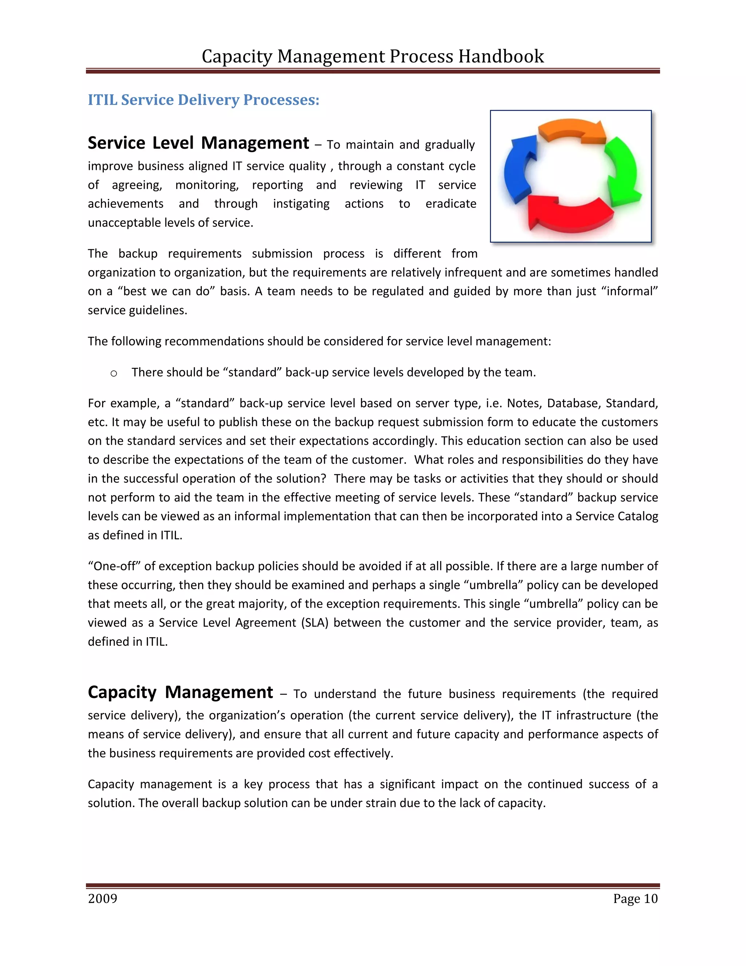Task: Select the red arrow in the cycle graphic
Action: point(570,214)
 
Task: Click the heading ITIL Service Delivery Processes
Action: point(203,100)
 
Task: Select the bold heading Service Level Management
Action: point(199,143)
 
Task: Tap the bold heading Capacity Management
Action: point(180,693)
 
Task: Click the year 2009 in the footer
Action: point(102,899)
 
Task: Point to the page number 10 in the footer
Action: point(651,899)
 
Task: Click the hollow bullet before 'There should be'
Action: point(114,374)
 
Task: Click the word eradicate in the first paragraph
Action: point(451,204)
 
